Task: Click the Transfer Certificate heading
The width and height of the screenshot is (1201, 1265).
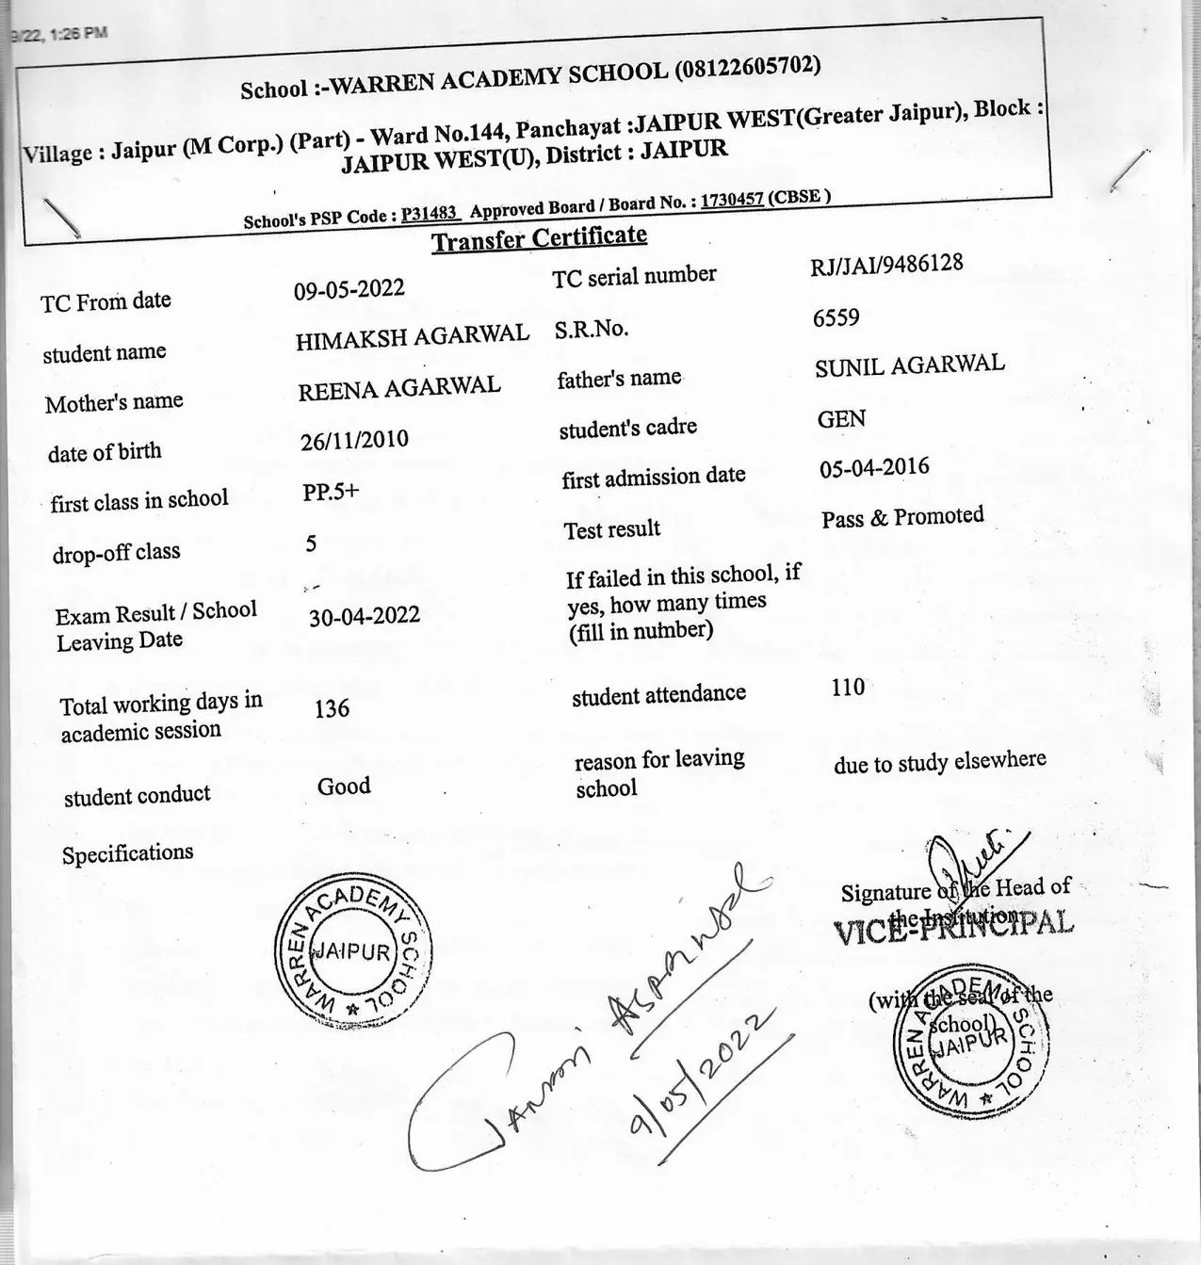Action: tap(539, 238)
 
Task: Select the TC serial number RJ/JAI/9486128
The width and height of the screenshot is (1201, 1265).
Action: tap(886, 265)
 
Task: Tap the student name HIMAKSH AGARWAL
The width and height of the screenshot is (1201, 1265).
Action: tap(412, 336)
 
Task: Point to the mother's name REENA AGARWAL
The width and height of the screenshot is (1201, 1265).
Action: tap(398, 388)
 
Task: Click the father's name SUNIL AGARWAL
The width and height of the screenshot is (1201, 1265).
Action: tap(909, 365)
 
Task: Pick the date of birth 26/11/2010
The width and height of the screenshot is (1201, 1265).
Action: tap(354, 440)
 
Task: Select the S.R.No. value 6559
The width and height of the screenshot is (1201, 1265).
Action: tap(836, 318)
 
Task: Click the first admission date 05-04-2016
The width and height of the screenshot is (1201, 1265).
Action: tap(873, 468)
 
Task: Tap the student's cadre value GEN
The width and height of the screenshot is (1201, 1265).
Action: tap(841, 419)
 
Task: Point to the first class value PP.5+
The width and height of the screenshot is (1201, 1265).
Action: tap(331, 492)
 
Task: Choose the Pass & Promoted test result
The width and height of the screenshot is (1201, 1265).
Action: tap(901, 517)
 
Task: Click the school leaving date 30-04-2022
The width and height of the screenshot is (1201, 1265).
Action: tap(364, 616)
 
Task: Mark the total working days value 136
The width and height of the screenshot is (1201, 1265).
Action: tap(332, 708)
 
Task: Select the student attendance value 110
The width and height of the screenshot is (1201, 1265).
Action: tap(848, 688)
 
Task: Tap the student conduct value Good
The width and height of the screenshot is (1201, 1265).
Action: tap(344, 787)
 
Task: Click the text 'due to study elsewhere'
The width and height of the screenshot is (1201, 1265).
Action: tap(939, 762)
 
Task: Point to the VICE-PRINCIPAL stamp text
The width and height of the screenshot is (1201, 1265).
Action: tap(953, 925)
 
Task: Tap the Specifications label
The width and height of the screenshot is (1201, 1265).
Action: tap(127, 853)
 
